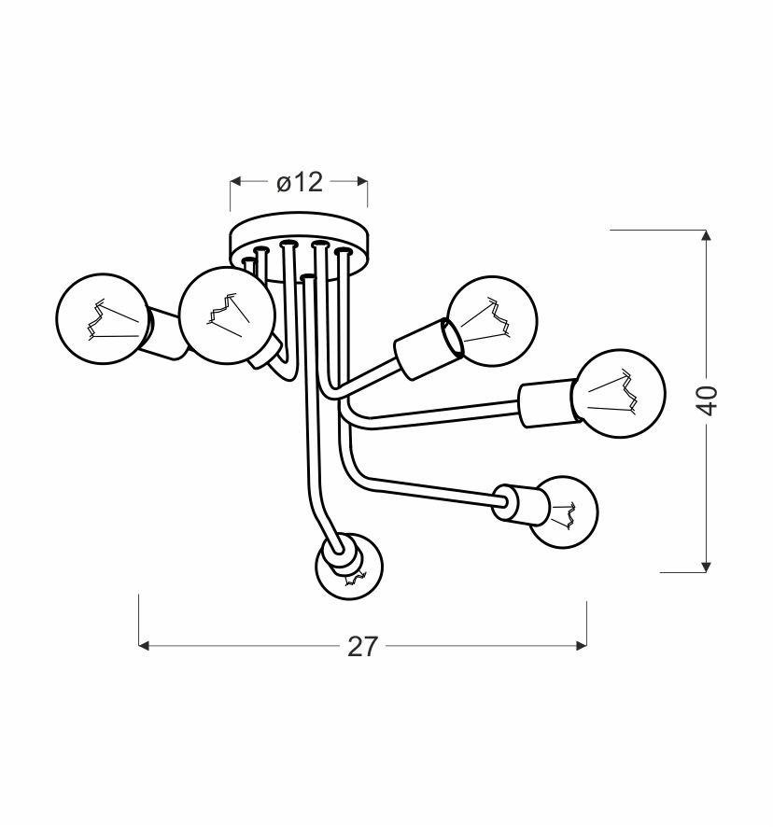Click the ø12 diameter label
click(299, 183)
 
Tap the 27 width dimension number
click(362, 647)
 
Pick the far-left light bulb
click(102, 318)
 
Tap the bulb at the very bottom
click(350, 567)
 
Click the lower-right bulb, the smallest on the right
click(564, 512)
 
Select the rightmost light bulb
click(620, 394)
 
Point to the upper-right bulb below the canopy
click(492, 321)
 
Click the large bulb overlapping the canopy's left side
click(227, 315)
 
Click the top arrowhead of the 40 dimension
click(706, 236)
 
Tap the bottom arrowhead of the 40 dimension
click(706, 567)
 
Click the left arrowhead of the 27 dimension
click(145, 646)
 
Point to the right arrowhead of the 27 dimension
click(581, 646)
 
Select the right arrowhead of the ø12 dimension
click(361, 181)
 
